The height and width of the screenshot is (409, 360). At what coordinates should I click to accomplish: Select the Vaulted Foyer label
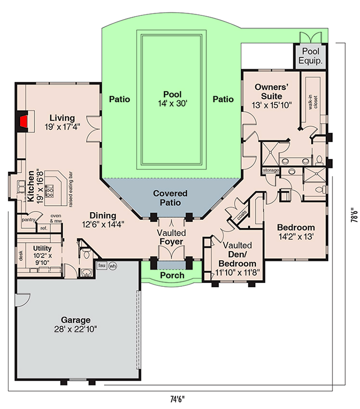coord(170,237)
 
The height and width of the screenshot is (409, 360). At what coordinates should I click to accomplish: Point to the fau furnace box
coord(101,266)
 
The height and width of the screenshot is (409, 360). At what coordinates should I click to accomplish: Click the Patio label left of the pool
coord(119,99)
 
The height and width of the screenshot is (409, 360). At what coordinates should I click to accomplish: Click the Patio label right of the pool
coord(223,99)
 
